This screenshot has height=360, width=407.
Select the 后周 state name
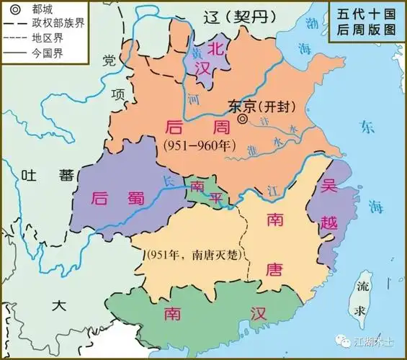[184, 127]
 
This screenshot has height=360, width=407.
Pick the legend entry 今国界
[45, 53]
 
